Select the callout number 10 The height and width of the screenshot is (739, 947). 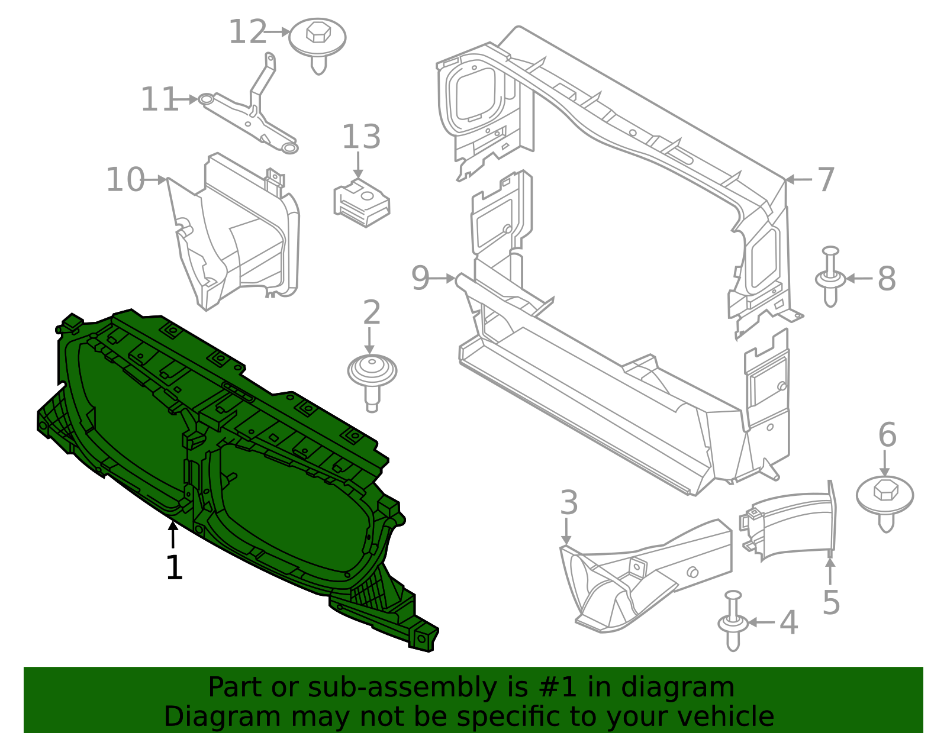coord(125,180)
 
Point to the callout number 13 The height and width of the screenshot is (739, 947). coord(361,137)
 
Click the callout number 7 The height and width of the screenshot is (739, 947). coord(826,179)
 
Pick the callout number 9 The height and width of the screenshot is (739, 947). coord(420,278)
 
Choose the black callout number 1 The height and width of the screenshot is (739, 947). coord(174,567)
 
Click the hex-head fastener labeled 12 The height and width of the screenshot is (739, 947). coord(318,41)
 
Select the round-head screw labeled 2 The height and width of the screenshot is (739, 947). coord(372,376)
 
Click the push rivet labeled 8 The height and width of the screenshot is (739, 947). coord(830,277)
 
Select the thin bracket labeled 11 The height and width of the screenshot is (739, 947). coord(252,115)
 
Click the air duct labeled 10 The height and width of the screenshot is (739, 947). coord(237,237)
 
